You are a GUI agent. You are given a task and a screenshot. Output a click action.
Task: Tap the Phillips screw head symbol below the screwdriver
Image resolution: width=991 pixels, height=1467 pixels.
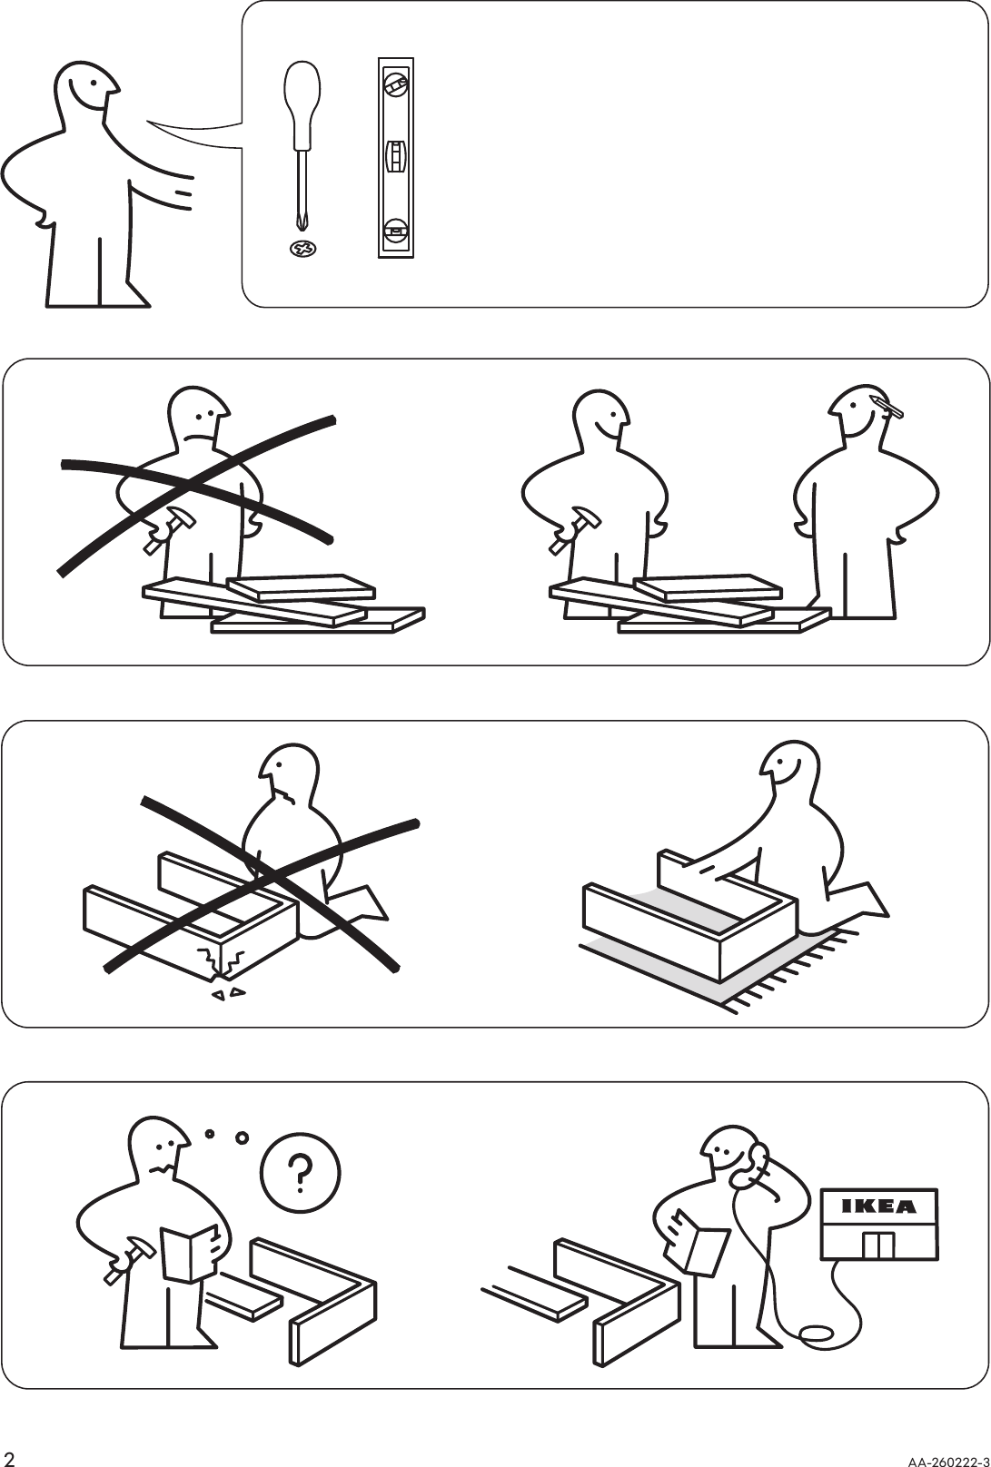(x=302, y=247)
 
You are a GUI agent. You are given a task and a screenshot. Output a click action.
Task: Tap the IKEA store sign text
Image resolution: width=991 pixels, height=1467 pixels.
(x=878, y=1206)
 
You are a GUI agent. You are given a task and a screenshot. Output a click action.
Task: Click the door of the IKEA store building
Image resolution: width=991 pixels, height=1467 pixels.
(x=879, y=1245)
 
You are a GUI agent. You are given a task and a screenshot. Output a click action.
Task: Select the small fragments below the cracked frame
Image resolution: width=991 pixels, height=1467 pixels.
(x=227, y=994)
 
